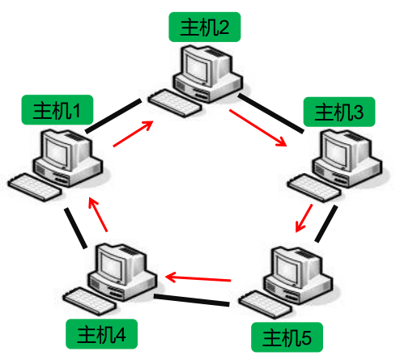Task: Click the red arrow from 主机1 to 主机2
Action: point(134,134)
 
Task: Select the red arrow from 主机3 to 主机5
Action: point(304,217)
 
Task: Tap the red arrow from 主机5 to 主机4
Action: point(198,278)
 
